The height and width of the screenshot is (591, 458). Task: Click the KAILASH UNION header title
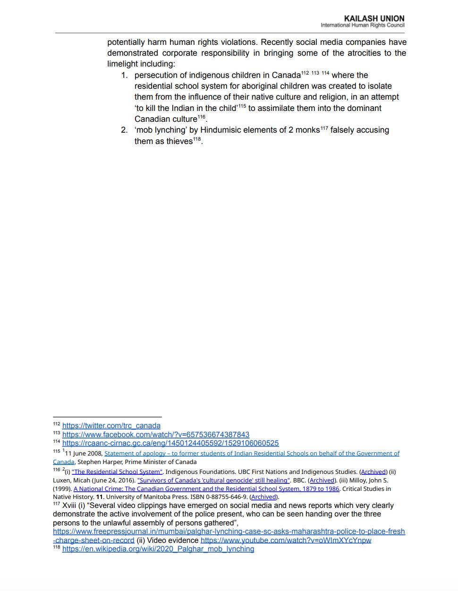click(x=374, y=18)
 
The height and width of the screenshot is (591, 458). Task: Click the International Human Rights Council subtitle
click(x=362, y=25)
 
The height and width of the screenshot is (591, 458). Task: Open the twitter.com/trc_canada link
click(x=111, y=425)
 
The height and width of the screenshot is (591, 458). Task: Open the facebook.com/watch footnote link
click(x=156, y=434)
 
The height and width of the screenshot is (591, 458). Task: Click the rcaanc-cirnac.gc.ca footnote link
click(x=170, y=443)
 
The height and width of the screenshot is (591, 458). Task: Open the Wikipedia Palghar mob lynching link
click(x=158, y=549)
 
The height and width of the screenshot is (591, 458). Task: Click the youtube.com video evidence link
click(x=286, y=540)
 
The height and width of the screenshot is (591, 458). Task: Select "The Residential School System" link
click(x=117, y=472)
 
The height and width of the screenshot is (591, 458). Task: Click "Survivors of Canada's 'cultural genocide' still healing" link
click(x=213, y=480)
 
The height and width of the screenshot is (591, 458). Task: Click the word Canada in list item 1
click(x=286, y=75)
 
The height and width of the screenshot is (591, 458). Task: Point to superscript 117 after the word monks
click(x=324, y=127)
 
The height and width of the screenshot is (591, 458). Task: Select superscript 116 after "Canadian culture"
click(x=202, y=117)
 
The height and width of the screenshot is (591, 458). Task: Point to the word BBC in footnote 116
click(x=299, y=480)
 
